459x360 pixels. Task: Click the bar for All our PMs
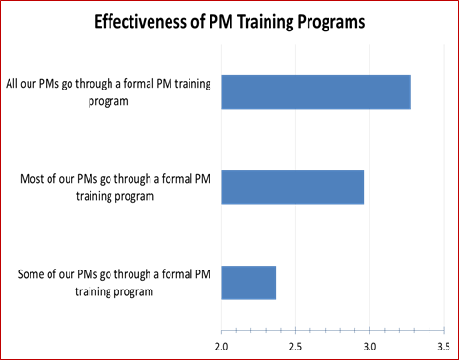point(316,90)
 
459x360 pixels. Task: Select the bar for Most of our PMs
point(292,186)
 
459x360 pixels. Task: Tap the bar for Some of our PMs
point(249,283)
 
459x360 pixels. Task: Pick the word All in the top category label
point(14,83)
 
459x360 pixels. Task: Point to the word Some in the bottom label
point(33,275)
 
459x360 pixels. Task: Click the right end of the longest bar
point(410,90)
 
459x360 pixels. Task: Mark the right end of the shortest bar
point(275,283)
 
